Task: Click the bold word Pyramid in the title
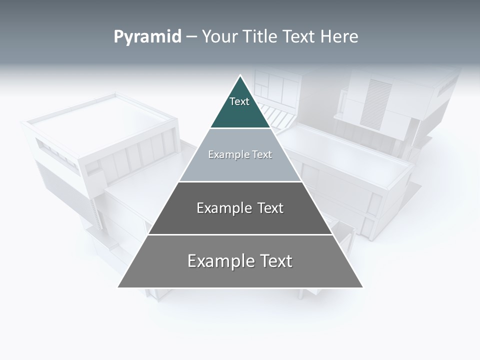pyautogui.click(x=147, y=37)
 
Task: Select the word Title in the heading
pyautogui.click(x=262, y=37)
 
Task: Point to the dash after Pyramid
pyautogui.click(x=191, y=37)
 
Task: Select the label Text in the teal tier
pyautogui.click(x=239, y=102)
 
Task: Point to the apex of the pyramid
pyautogui.click(x=240, y=76)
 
